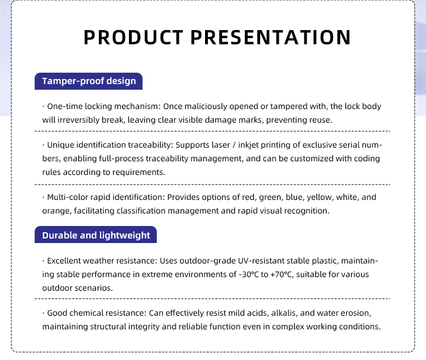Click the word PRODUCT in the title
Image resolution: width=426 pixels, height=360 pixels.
[133, 37]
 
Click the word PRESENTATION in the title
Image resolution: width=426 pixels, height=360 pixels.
[271, 37]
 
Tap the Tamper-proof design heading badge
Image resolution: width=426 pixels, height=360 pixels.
[89, 81]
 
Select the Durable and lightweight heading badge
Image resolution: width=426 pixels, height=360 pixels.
[95, 235]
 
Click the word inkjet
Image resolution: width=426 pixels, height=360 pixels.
[248, 145]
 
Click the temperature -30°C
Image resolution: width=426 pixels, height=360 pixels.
[249, 274]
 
